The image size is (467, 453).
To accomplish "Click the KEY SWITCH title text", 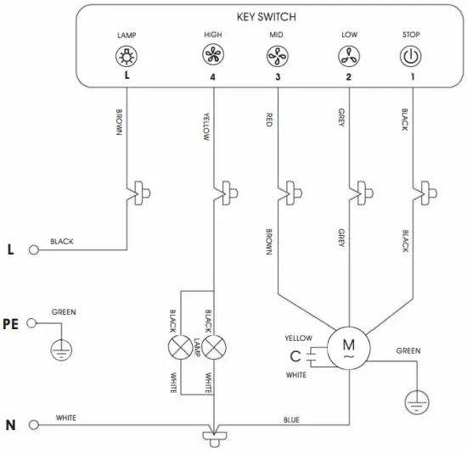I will [267, 17].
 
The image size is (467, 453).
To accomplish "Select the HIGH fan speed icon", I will [212, 56].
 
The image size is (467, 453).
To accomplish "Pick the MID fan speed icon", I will [277, 56].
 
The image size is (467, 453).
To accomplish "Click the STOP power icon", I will [411, 56].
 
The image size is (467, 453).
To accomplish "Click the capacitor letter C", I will [294, 357].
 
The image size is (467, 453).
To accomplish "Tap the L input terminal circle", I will [34, 250].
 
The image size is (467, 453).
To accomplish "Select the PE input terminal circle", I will [34, 322].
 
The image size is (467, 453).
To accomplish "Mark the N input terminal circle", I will [34, 424].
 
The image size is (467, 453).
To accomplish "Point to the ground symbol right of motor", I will [415, 402].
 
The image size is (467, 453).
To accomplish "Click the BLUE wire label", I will [292, 419].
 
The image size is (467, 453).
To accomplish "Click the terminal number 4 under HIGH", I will [212, 76].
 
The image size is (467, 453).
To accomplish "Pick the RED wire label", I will [269, 119].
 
